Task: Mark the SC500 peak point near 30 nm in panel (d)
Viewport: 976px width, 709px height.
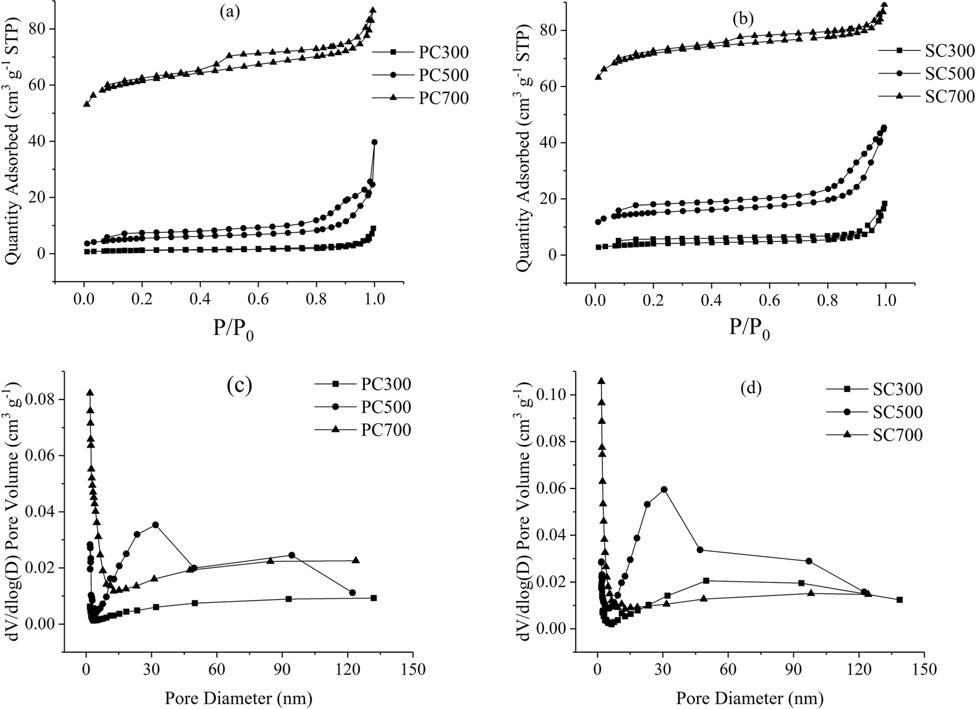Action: point(664,489)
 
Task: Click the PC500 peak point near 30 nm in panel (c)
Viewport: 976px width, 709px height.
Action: point(155,525)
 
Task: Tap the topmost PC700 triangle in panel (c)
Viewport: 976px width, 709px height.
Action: point(90,392)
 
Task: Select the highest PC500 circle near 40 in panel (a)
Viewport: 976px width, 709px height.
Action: point(374,142)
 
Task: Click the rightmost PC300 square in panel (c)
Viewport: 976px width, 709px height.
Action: point(374,598)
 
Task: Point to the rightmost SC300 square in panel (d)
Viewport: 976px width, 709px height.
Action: point(899,599)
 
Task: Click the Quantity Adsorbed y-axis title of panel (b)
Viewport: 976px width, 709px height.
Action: point(524,145)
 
